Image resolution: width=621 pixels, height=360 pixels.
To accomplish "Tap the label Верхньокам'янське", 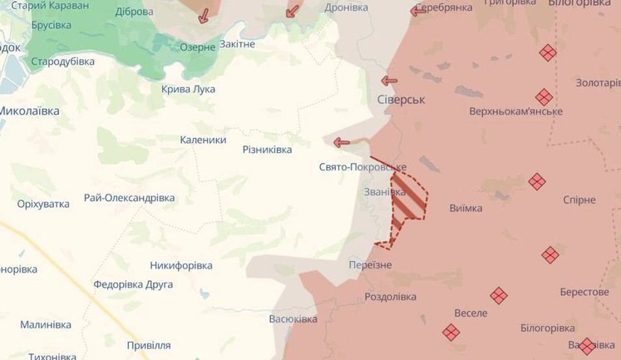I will (x=515, y=111).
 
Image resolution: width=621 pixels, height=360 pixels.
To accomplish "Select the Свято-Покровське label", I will (x=362, y=167).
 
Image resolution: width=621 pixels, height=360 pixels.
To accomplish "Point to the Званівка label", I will (x=385, y=192).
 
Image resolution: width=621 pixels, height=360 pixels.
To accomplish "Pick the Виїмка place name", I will (x=465, y=208).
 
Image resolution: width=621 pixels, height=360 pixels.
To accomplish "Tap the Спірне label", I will (x=579, y=200).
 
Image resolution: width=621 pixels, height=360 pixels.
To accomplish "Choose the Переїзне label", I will (x=369, y=264).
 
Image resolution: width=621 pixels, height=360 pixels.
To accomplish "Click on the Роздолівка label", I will (x=391, y=297).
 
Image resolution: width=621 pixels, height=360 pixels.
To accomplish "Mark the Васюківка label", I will (x=293, y=319).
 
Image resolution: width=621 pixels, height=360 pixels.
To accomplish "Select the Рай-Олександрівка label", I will (x=129, y=198).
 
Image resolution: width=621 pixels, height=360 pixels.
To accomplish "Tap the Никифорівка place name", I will (x=180, y=265).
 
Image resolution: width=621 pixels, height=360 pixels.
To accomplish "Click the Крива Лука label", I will (x=187, y=89).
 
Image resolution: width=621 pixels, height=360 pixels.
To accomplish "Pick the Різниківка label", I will (x=267, y=150).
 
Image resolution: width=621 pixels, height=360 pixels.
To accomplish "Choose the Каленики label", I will (x=203, y=140).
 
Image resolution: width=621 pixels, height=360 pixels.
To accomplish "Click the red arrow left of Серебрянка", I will (x=419, y=11).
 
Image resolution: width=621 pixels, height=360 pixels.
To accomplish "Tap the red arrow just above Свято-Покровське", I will (x=342, y=142).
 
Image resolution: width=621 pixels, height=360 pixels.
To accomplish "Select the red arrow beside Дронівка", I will (x=292, y=11).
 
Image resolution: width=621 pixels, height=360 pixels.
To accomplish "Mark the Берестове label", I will (x=584, y=292).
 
